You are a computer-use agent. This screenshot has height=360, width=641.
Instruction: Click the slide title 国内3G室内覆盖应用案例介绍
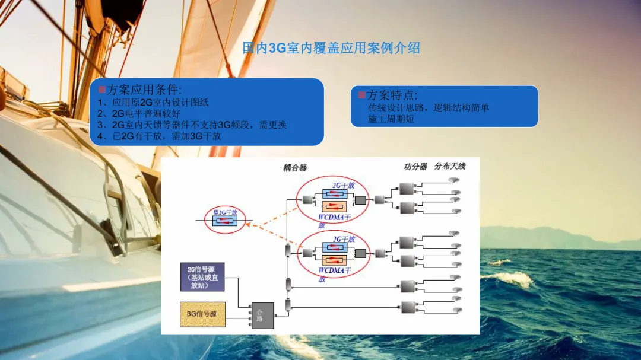coord(331,48)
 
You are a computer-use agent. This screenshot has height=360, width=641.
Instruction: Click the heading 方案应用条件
coord(139,90)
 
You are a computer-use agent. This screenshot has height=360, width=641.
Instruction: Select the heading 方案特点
coord(392,95)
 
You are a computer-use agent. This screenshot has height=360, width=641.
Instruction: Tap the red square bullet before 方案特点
coord(361,95)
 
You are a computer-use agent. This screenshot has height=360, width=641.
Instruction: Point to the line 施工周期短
coord(391,119)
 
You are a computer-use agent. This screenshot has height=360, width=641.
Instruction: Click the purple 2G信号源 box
coord(202,277)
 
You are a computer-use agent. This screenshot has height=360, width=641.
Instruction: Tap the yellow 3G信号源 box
coord(202,314)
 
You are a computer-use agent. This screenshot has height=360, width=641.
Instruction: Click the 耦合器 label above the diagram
coord(295,168)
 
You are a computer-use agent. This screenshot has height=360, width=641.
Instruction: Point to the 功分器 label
coord(415,167)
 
